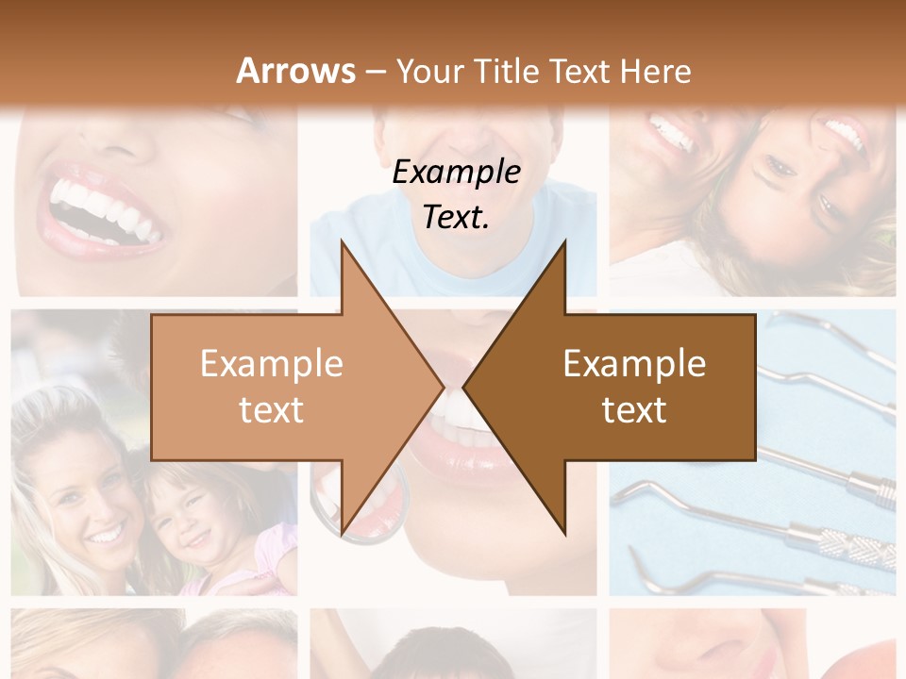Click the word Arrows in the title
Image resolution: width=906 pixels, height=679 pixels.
tap(295, 71)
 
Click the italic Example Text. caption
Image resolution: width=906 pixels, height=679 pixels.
tap(456, 194)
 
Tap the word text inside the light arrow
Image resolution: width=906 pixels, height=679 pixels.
tap(271, 410)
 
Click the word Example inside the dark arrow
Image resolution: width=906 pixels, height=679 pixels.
tap(634, 364)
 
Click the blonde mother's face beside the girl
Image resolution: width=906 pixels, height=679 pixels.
tap(80, 500)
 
